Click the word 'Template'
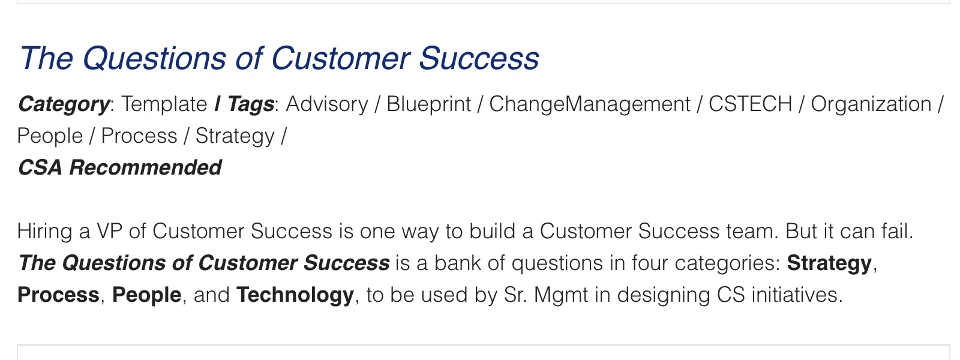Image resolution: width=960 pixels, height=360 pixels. pyautogui.click(x=164, y=104)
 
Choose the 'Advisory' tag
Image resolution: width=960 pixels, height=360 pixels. pyautogui.click(x=327, y=104)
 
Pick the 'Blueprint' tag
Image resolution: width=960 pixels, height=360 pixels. pyautogui.click(x=428, y=104)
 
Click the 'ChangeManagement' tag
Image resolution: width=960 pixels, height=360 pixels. pyautogui.click(x=590, y=104)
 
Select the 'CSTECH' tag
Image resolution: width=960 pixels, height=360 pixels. pyautogui.click(x=751, y=104)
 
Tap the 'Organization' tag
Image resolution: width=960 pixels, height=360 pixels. pyautogui.click(x=871, y=104)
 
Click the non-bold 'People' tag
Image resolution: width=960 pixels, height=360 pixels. pyautogui.click(x=50, y=136)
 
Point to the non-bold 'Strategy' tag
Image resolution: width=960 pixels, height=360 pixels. pyautogui.click(x=235, y=136)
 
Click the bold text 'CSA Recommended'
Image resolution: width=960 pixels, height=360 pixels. pyautogui.click(x=119, y=167)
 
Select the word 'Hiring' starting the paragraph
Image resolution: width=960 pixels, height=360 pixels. pyautogui.click(x=44, y=232)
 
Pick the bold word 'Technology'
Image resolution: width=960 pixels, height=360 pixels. pyautogui.click(x=295, y=295)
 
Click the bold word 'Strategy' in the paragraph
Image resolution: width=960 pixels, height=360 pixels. pyautogui.click(x=829, y=263)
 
